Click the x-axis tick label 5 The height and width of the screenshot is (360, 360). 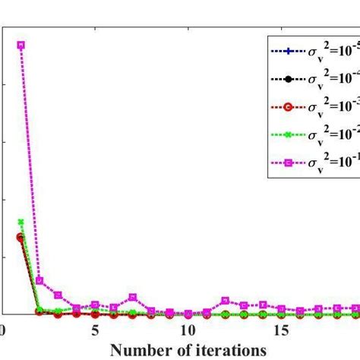click(x=95, y=330)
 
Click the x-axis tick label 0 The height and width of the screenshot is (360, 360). click(x=3, y=330)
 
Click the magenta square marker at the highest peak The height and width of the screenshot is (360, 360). click(x=21, y=45)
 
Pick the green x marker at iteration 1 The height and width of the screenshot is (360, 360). click(x=21, y=222)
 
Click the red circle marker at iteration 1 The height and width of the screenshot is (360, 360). click(x=21, y=237)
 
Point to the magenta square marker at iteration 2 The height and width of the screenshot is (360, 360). click(x=39, y=280)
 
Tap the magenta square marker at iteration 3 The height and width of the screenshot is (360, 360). click(x=58, y=295)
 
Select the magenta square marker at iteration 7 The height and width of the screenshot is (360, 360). click(x=132, y=297)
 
